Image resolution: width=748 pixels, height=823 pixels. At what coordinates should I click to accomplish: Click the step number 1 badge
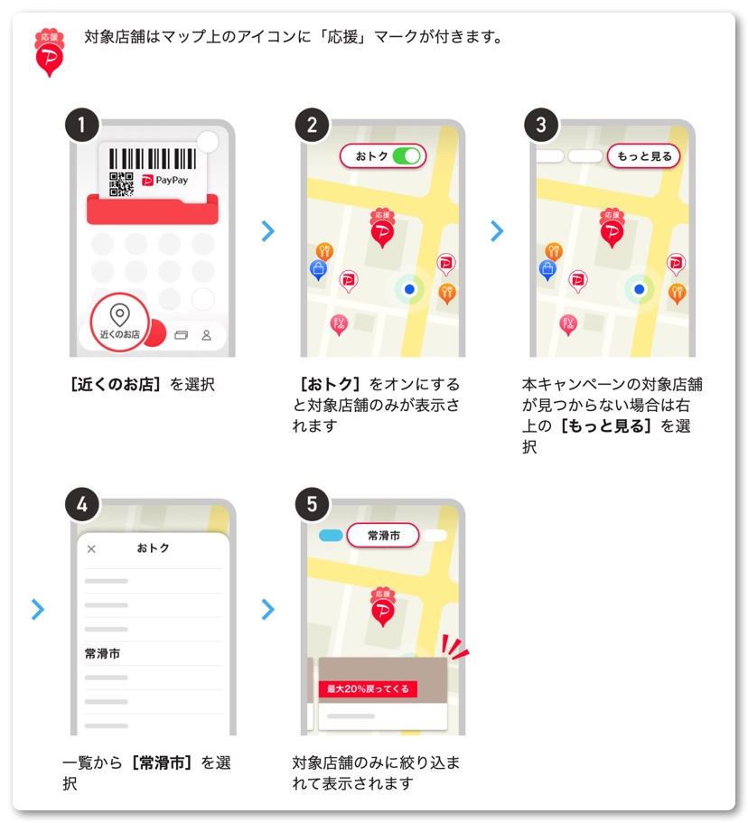pos(82,125)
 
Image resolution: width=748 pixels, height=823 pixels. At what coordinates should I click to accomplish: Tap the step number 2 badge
pos(312,125)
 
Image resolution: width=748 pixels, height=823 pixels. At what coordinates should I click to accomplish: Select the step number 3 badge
pos(541,125)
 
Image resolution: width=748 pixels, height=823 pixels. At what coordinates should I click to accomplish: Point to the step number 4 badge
pos(82,504)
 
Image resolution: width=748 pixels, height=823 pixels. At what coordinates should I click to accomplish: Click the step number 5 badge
pos(312,504)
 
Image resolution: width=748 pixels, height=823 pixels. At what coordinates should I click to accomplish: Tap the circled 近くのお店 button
pos(119,323)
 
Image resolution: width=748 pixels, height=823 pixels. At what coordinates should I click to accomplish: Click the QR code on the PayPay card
pos(121,184)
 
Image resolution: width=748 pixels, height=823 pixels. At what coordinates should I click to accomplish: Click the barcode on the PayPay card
pos(153,158)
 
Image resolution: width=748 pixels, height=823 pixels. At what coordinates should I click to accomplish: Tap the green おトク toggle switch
pos(407,156)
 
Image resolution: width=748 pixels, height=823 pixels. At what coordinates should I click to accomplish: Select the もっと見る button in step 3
pos(643,156)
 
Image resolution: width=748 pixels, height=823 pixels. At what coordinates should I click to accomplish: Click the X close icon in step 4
pos(91,549)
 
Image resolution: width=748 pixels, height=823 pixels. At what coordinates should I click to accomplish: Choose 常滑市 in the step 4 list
pos(102,653)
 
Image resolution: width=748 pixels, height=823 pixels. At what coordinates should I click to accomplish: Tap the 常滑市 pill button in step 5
pos(383,536)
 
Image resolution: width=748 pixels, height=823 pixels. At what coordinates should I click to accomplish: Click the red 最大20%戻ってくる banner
pos(368,688)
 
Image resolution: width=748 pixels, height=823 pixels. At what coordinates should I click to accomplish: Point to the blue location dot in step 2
pos(409,289)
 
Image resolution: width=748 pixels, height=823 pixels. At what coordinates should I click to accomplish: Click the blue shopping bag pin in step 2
pos(318,270)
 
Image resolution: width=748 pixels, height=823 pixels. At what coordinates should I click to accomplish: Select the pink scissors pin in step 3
pos(568,325)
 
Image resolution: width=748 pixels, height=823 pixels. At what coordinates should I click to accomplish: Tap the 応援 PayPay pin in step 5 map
pos(383,607)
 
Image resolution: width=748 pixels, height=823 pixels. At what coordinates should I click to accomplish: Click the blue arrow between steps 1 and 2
pos(267,231)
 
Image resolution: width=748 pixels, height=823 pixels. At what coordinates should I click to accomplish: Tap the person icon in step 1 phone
pos(207,335)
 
